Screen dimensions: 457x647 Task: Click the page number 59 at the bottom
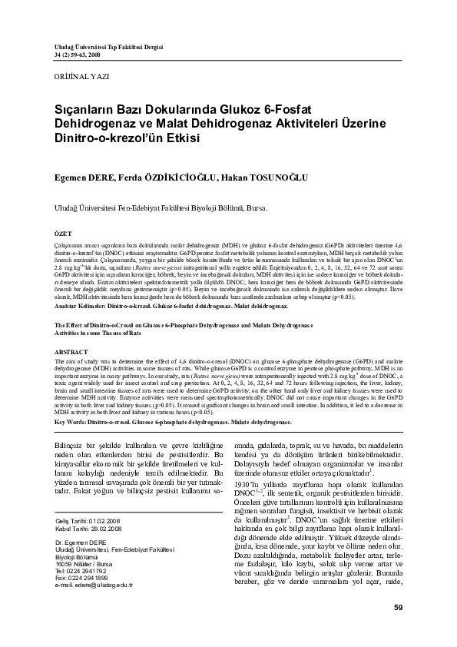[x=397, y=609]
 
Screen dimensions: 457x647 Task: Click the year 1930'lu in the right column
[x=249, y=485]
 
